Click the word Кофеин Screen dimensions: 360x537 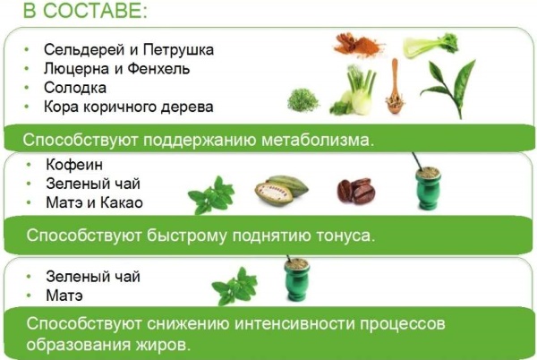(x=69, y=165)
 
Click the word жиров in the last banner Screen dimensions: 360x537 (x=171, y=344)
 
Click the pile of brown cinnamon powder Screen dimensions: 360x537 (x=357, y=46)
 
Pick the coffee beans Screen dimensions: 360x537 (x=356, y=191)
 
